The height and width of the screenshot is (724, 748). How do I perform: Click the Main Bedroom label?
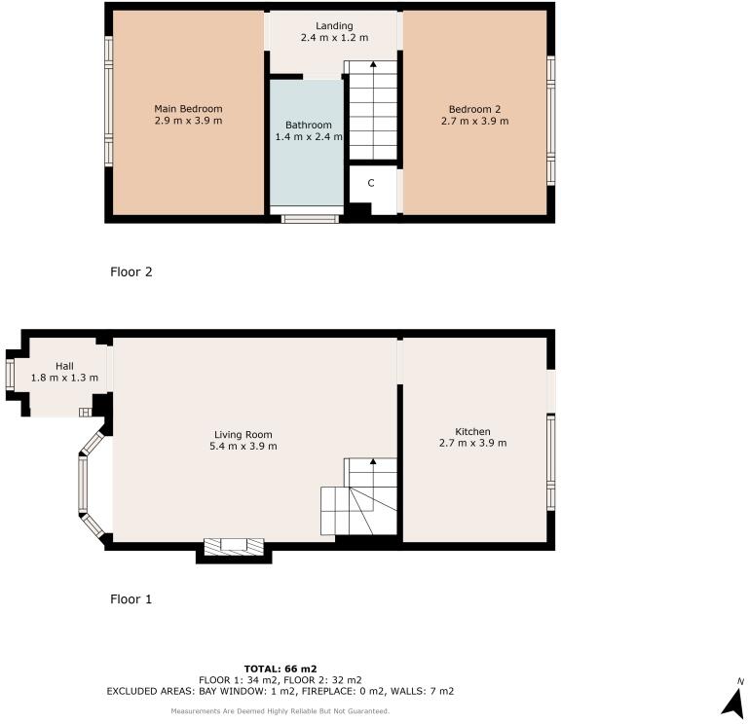point(188,108)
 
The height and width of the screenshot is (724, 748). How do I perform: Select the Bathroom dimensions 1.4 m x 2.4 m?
point(309,137)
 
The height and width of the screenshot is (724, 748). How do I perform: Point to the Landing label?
point(334,25)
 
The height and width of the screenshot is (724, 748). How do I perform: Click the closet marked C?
point(371,183)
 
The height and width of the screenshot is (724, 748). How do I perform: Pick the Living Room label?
point(243,434)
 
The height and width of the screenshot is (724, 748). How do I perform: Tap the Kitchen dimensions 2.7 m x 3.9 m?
point(473,443)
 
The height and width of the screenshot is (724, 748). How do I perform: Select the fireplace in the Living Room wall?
point(234,546)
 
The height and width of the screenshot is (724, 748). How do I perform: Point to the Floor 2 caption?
point(131,272)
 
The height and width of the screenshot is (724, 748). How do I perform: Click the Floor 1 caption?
point(131,599)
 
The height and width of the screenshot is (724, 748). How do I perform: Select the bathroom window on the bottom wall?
point(311,218)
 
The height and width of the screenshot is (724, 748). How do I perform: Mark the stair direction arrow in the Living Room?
point(373,464)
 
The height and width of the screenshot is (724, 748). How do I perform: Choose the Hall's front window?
point(9,374)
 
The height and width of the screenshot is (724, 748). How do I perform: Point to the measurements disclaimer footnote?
point(280,711)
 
